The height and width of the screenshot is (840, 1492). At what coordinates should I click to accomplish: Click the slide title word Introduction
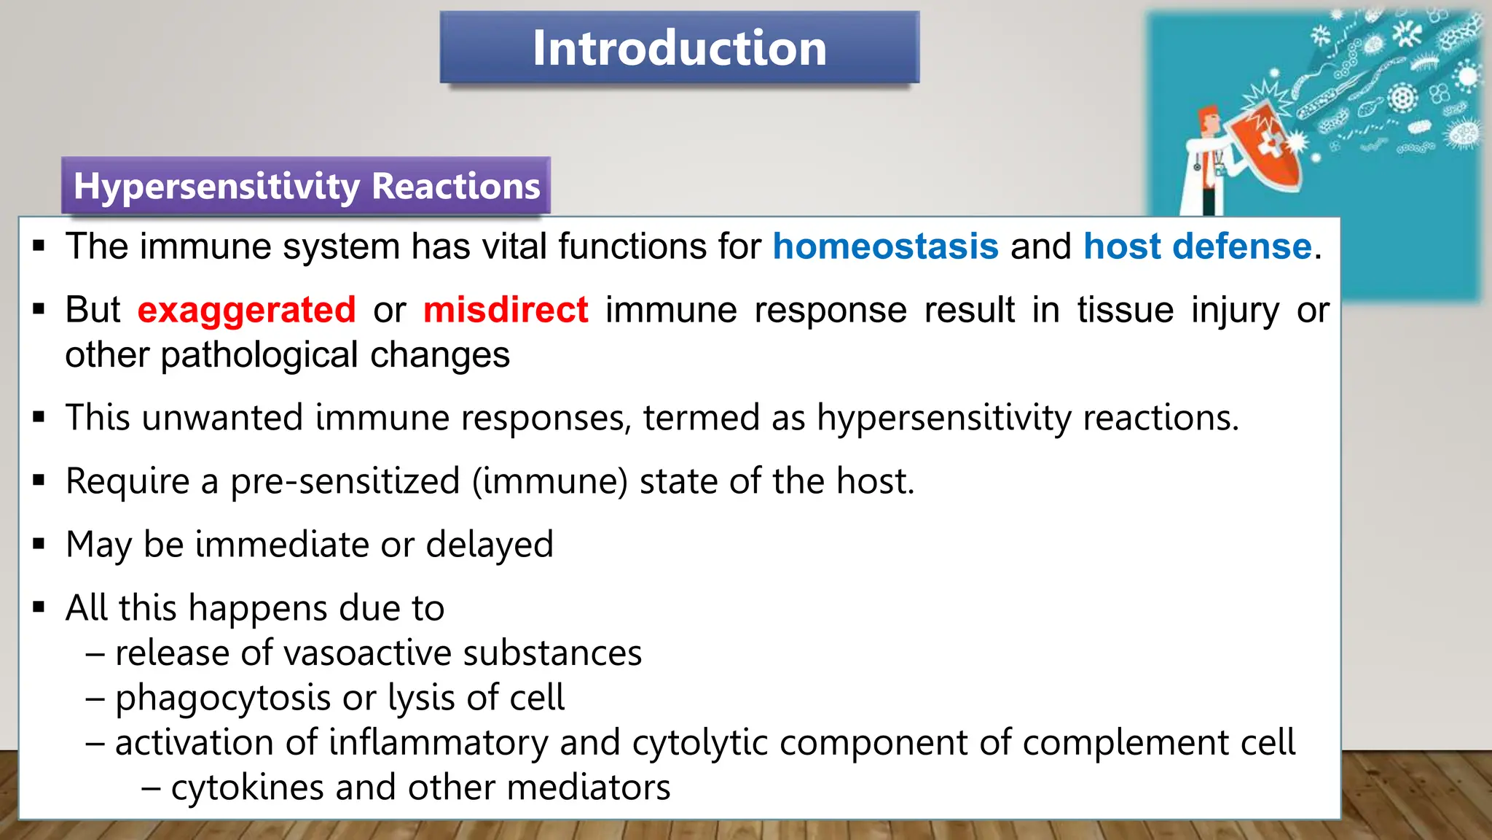point(679,48)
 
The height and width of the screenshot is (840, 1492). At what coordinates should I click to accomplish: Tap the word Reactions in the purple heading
point(456,187)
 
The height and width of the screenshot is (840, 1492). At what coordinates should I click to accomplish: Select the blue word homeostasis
point(885,246)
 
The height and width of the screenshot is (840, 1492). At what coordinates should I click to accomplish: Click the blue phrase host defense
point(1197,246)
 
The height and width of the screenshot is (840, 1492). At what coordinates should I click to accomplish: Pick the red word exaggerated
point(246,311)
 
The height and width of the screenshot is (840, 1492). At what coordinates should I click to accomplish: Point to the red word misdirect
point(506,310)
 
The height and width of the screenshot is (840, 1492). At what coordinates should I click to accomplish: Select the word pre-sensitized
point(345,482)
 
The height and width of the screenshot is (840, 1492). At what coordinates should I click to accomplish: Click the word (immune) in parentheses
point(550,482)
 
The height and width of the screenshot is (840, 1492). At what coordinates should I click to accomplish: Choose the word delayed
point(490,545)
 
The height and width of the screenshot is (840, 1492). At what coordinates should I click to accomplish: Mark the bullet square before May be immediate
point(39,544)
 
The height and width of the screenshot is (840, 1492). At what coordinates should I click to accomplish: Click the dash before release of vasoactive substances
point(95,653)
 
